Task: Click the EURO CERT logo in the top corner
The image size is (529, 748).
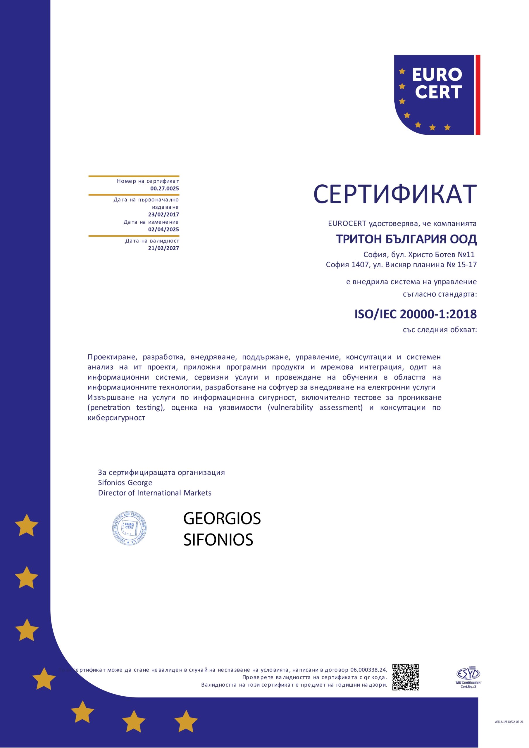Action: click(437, 95)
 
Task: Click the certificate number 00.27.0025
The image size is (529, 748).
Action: click(164, 188)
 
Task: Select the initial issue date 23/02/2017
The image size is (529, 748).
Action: click(163, 214)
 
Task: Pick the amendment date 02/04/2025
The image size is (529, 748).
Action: click(163, 229)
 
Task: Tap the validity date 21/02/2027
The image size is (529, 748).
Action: click(163, 248)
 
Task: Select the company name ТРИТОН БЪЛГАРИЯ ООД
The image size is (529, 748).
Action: click(406, 239)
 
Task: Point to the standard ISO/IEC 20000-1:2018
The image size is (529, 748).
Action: click(415, 314)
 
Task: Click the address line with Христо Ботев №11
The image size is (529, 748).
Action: click(419, 254)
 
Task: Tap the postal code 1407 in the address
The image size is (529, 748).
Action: click(360, 264)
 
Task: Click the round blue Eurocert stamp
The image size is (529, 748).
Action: click(129, 528)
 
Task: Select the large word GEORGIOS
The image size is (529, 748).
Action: click(222, 519)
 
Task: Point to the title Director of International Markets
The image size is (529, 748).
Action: click(155, 493)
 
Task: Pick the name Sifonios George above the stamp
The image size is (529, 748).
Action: click(125, 482)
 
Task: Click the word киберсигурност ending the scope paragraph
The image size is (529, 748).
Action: click(116, 418)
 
